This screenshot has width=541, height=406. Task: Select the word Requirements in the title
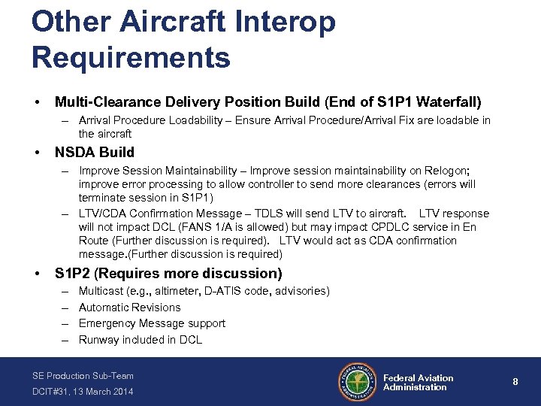point(131,56)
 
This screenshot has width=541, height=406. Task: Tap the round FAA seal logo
point(358,382)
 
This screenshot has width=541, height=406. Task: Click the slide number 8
point(515,382)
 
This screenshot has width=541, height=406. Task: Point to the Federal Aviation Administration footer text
point(418,383)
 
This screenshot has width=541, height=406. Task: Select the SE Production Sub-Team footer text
point(83,375)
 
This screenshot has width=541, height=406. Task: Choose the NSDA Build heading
point(95,153)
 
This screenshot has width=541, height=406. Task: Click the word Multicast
point(101,291)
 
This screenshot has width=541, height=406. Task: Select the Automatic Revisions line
point(129,308)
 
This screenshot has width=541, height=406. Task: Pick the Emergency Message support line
point(152,323)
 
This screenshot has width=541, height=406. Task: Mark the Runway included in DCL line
point(140,340)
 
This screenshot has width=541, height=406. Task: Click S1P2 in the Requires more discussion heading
point(74,273)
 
